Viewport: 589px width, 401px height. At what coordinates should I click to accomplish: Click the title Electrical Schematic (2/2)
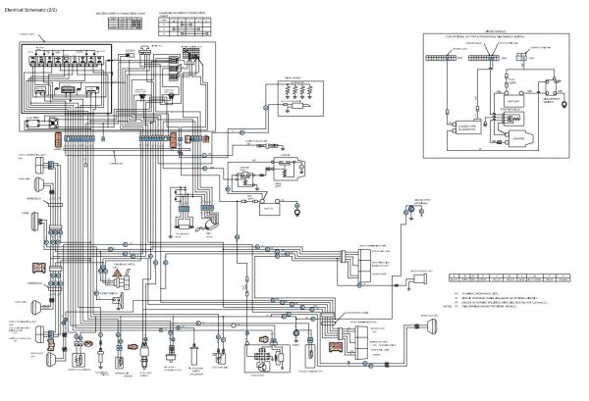coord(36,10)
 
